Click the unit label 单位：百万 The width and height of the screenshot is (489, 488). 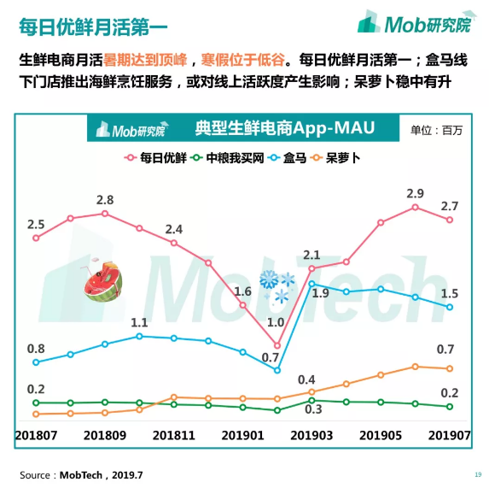click(436, 130)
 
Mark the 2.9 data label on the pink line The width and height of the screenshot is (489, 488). click(416, 193)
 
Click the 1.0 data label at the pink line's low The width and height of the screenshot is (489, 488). click(276, 321)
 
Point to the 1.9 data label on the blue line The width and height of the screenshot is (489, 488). click(321, 293)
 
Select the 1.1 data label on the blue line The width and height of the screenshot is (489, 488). click(140, 323)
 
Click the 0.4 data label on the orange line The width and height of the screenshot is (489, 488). click(306, 379)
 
